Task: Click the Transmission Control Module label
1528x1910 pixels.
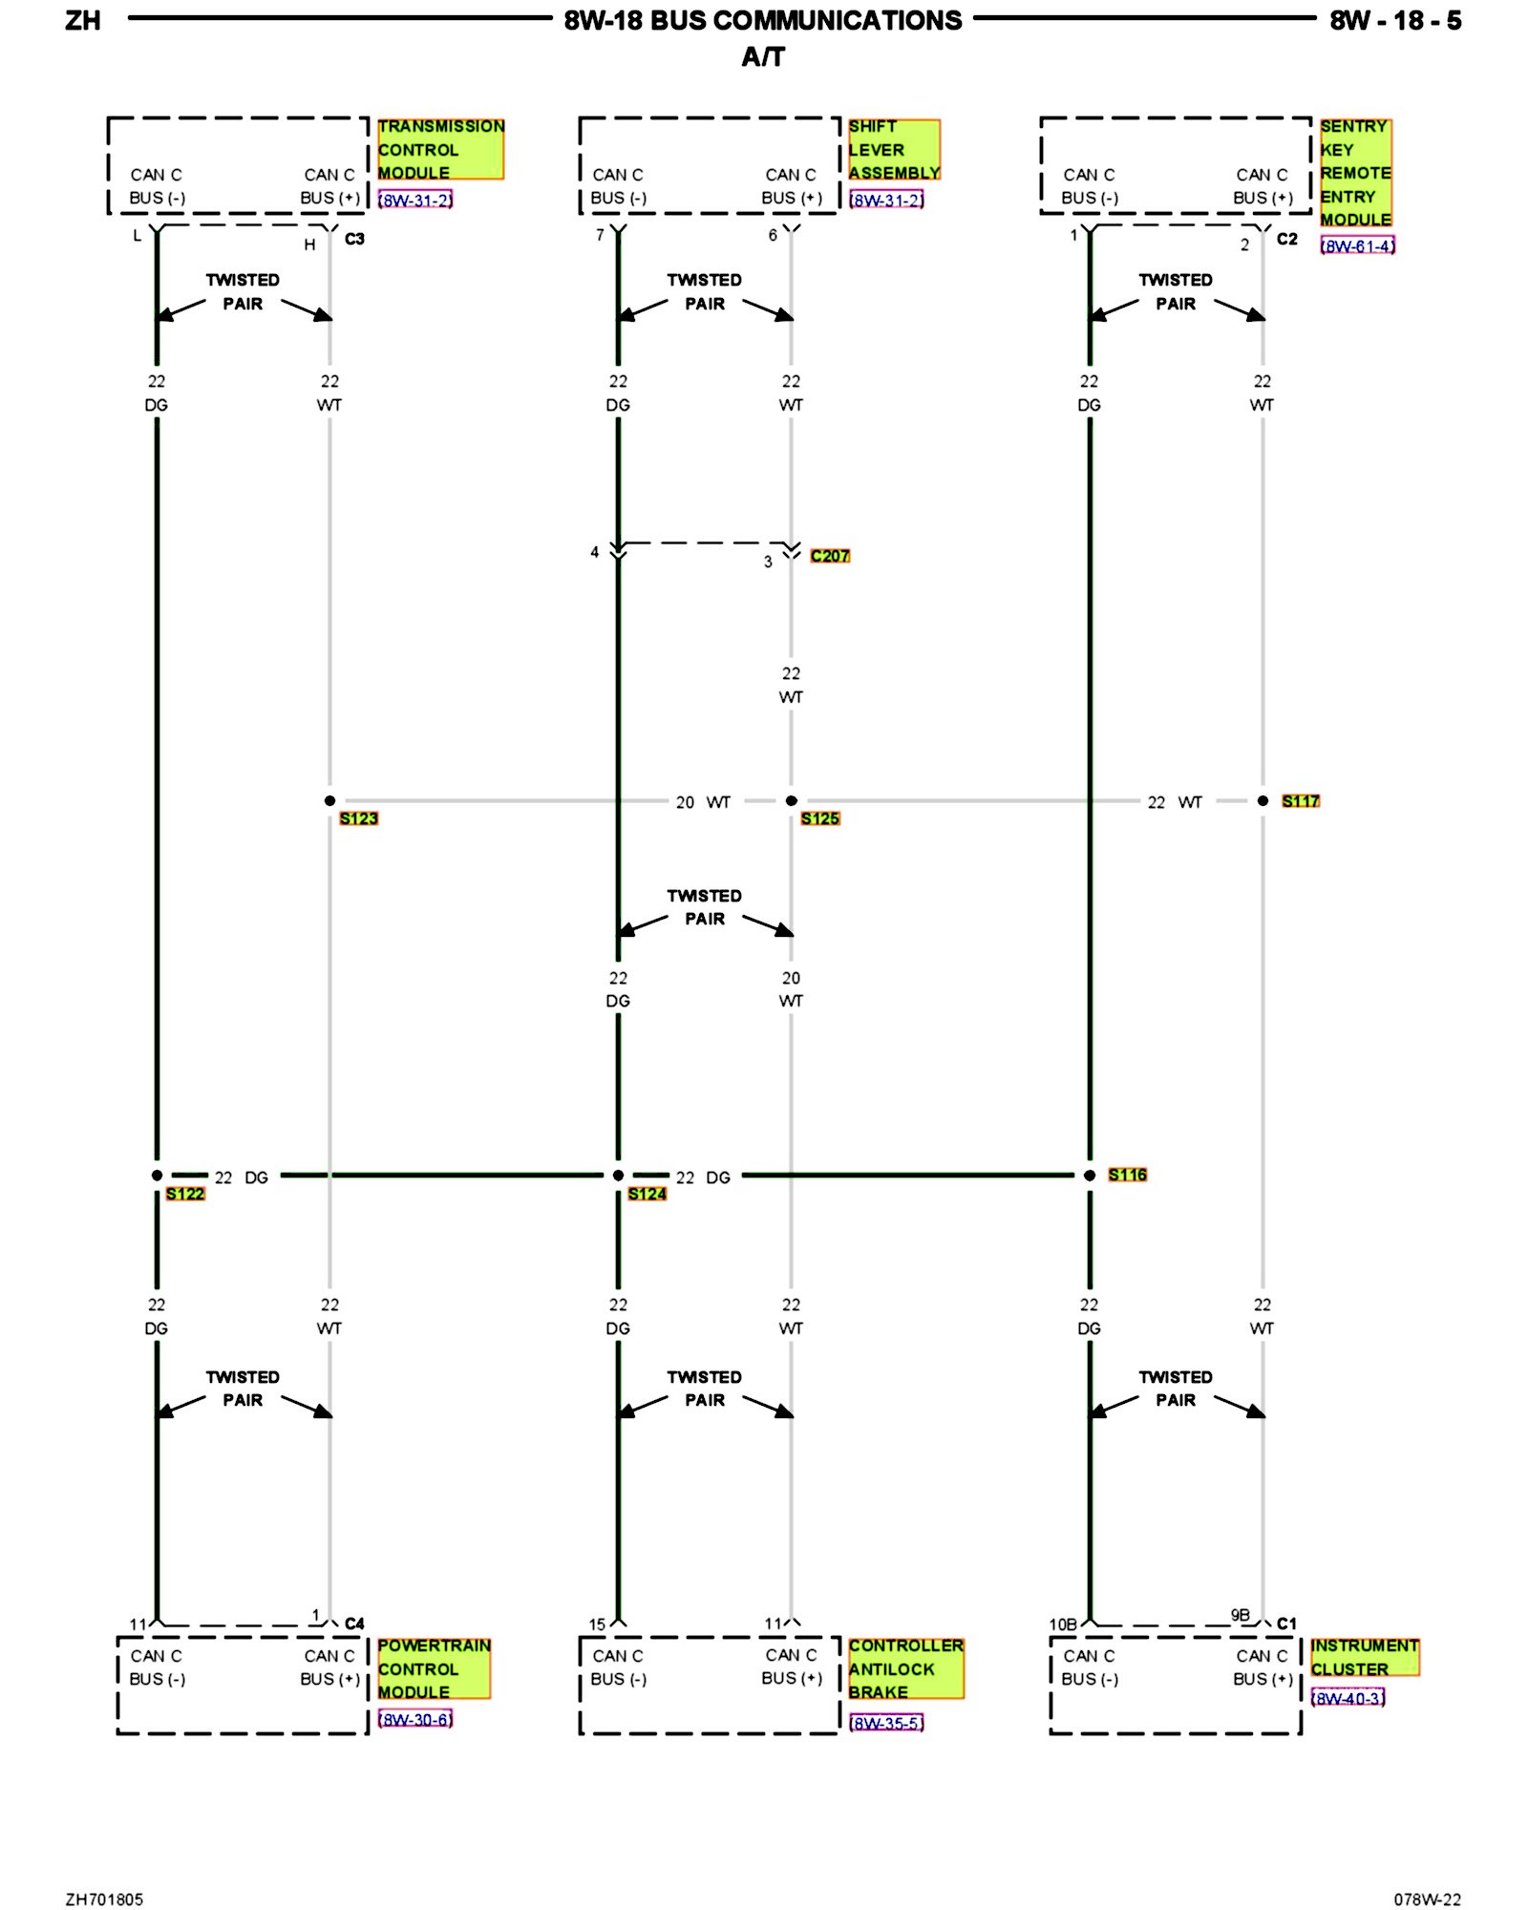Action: [439, 149]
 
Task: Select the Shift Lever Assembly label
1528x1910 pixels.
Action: [893, 149]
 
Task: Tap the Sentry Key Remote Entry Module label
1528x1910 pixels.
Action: [1355, 173]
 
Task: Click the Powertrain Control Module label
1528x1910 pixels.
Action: [434, 1668]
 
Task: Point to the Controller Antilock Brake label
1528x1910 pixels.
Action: [905, 1668]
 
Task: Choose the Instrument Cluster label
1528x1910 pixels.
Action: [1364, 1657]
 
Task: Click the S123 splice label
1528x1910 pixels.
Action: [358, 818]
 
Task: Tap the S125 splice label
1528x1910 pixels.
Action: [819, 818]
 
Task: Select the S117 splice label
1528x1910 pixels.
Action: [1300, 801]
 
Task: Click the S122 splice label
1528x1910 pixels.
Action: [184, 1194]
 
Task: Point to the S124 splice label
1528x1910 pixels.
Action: [647, 1194]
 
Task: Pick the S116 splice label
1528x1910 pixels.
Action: [1127, 1175]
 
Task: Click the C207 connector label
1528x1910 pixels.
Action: [829, 556]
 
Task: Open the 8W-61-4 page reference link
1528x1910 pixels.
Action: [1357, 246]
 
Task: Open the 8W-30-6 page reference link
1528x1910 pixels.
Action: [414, 1720]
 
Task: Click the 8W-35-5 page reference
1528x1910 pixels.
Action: [886, 1724]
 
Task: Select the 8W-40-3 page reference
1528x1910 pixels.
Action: [1348, 1698]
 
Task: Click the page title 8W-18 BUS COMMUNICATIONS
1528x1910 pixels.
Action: [763, 21]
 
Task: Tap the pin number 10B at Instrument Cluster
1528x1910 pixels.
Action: [1062, 1624]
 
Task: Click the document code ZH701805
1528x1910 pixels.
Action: [104, 1899]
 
